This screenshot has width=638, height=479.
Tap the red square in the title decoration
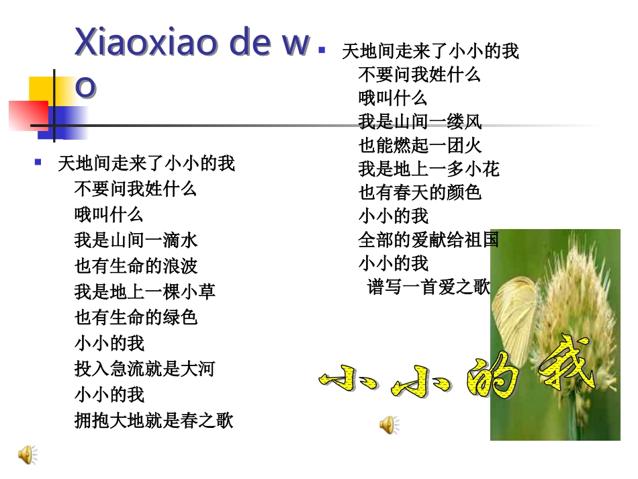[x=27, y=114]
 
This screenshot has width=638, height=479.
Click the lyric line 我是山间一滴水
[x=136, y=240]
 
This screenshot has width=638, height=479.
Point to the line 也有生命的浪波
[x=136, y=265]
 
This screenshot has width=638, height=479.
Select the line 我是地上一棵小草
[x=144, y=291]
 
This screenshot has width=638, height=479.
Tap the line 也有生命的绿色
[x=136, y=316]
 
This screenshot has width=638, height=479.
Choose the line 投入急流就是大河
[x=144, y=368]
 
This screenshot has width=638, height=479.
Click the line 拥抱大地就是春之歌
[x=154, y=420]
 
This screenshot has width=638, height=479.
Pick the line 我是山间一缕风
[x=420, y=122]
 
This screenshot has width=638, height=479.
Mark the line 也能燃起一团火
[x=420, y=145]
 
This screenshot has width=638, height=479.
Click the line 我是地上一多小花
[x=428, y=169]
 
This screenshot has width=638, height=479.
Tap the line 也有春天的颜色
[x=420, y=192]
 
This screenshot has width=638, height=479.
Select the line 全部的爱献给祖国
[x=428, y=239]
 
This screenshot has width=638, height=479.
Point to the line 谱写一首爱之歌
[x=428, y=287]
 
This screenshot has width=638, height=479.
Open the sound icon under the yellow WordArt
[x=389, y=425]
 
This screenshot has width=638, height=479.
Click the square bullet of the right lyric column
[x=322, y=50]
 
